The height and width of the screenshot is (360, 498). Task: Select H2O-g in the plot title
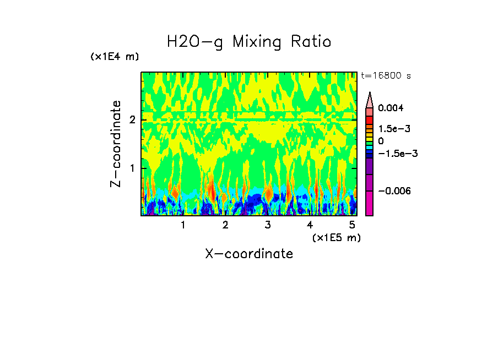point(195,42)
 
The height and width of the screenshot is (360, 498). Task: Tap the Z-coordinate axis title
point(116,144)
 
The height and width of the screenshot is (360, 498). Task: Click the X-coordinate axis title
point(249,254)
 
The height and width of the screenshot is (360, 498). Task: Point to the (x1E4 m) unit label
point(115,57)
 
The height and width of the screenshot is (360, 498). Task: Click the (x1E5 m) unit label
point(336,237)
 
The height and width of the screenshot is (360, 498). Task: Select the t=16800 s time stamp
point(386,75)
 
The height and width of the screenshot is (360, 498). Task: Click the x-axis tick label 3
point(267,225)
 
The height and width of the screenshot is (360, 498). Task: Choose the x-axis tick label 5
point(352,225)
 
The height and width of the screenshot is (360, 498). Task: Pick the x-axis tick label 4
point(310,225)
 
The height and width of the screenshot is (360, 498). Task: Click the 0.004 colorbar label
point(391,108)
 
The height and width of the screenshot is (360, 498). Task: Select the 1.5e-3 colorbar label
point(394,129)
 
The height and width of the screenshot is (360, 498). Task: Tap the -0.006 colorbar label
point(395,191)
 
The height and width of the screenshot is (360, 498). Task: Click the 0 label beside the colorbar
point(381,141)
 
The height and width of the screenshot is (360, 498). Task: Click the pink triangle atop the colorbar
point(370,100)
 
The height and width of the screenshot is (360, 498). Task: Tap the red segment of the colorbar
point(370,119)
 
